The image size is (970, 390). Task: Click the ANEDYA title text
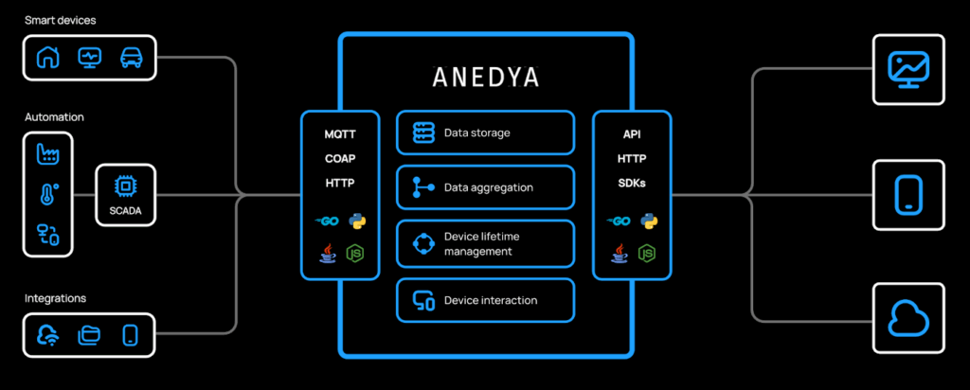[x=485, y=75]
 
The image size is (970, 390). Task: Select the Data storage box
[x=485, y=133]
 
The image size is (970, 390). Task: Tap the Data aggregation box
[x=485, y=187]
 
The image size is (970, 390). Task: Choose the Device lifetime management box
[x=485, y=243]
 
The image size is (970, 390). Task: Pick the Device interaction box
[x=485, y=300]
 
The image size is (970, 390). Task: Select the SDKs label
[x=632, y=183]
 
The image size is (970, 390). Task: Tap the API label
[x=632, y=134]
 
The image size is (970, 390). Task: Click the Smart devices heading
[x=61, y=20]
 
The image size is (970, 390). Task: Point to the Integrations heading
[x=56, y=298]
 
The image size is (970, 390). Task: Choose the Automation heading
[x=54, y=117]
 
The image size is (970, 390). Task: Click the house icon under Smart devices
[x=47, y=58]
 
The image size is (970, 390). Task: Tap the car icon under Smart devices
[x=131, y=58]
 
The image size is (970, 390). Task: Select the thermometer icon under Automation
[x=47, y=195]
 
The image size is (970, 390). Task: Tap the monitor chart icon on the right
[x=908, y=69]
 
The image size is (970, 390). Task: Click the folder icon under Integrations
[x=89, y=334]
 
